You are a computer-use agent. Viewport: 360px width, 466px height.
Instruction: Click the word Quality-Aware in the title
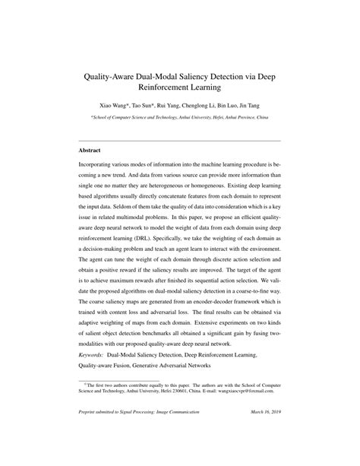tap(120, 76)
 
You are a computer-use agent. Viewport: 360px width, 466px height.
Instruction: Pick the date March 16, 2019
tap(261, 413)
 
